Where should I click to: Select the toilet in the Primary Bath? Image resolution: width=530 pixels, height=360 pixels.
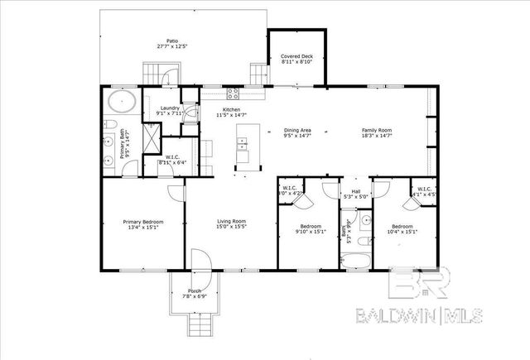[x=110, y=124]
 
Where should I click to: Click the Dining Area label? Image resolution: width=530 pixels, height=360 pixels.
[x=297, y=133]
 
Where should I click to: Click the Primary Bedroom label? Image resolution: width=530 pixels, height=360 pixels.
[x=143, y=224]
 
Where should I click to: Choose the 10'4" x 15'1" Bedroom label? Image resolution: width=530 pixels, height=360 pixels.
[x=402, y=229]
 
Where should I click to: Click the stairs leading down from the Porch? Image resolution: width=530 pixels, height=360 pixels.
[x=198, y=328]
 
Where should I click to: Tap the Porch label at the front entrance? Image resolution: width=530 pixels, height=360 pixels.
[x=195, y=292]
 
